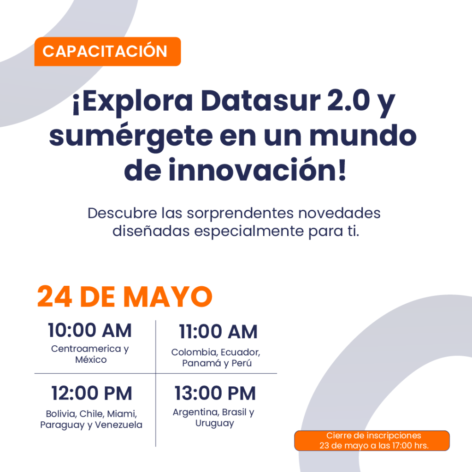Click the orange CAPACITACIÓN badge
click(107, 51)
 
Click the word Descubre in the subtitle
click(116, 214)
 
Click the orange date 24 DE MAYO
click(124, 297)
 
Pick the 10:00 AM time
click(90, 330)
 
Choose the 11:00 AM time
click(218, 332)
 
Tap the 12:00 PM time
click(92, 394)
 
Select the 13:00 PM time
click(215, 394)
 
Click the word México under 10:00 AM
click(91, 360)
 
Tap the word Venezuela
click(119, 425)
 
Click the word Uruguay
click(215, 423)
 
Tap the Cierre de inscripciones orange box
click(372, 441)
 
